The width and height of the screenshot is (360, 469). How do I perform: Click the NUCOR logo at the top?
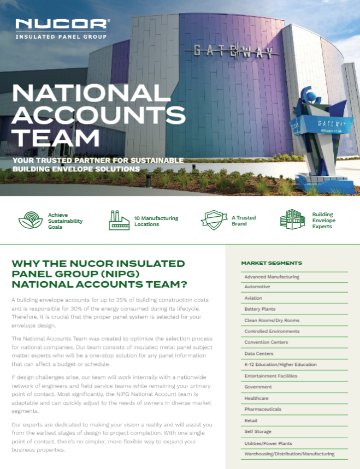pyautogui.click(x=61, y=25)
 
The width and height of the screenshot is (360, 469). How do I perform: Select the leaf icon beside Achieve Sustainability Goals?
pyautogui.click(x=31, y=221)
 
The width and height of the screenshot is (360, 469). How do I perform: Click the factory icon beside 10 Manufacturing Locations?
pyautogui.click(x=119, y=221)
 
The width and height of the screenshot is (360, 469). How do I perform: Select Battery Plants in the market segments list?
pyautogui.click(x=259, y=309)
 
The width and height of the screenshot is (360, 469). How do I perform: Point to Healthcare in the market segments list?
pyautogui.click(x=256, y=398)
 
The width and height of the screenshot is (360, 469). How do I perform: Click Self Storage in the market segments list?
pyautogui.click(x=258, y=431)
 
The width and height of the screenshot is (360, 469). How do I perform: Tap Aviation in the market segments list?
pyautogui.click(x=253, y=298)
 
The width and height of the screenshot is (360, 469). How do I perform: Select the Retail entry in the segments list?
pyautogui.click(x=251, y=420)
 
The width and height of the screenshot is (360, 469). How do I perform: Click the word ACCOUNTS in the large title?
pyautogui.click(x=99, y=115)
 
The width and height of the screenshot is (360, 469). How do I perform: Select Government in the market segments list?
pyautogui.click(x=258, y=387)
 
